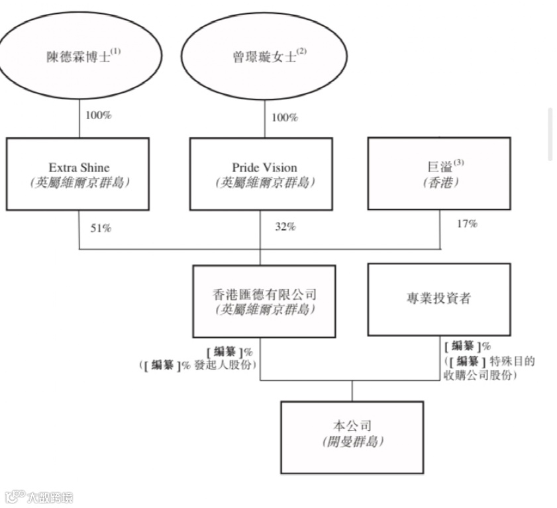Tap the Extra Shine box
tap(79, 174)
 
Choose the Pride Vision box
tap(260, 174)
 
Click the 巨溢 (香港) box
tap(438, 173)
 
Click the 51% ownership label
tap(101, 228)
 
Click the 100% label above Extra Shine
tap(99, 115)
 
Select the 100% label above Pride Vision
tap(284, 117)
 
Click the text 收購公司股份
tap(480, 375)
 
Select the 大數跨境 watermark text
tap(50, 497)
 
